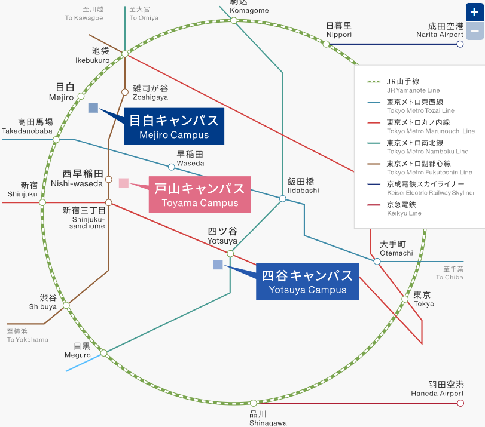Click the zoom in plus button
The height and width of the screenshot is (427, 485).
click(x=475, y=12)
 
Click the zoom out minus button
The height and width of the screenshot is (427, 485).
click(x=475, y=30)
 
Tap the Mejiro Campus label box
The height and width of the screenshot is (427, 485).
click(x=174, y=126)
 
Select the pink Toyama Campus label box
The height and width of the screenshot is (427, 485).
click(x=200, y=195)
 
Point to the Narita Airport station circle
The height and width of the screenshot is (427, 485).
click(x=460, y=44)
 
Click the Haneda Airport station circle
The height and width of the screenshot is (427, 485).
click(x=460, y=403)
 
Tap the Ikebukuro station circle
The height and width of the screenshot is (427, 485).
click(x=125, y=54)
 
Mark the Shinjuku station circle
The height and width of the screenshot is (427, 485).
click(x=42, y=202)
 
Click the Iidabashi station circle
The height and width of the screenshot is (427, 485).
click(x=282, y=199)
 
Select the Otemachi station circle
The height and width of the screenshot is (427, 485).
click(x=377, y=262)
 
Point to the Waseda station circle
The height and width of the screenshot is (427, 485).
click(x=171, y=167)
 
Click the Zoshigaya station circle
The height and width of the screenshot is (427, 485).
click(x=125, y=92)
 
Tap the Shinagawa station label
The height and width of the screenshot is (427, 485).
click(x=258, y=418)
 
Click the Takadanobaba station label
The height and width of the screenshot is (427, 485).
click(x=27, y=126)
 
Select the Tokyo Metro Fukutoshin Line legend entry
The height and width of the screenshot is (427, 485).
click(x=419, y=167)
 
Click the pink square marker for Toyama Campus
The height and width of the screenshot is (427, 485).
click(x=124, y=183)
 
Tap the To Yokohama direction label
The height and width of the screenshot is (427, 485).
click(x=28, y=336)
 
